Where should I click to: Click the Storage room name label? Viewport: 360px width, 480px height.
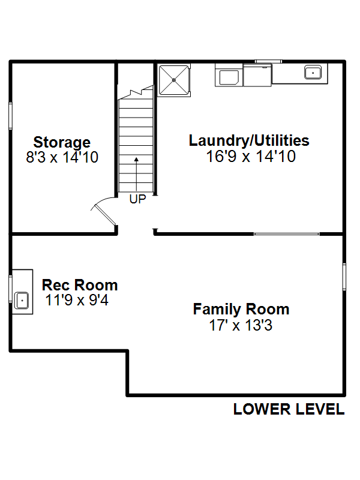coord(62,143)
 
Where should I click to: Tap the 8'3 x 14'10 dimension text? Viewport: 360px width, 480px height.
coord(62,157)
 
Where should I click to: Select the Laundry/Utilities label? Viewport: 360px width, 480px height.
coord(249,141)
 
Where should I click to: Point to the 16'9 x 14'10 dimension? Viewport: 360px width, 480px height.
coord(251,156)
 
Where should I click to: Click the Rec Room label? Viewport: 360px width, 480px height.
coord(80,285)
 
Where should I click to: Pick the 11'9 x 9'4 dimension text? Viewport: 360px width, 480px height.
coord(77,300)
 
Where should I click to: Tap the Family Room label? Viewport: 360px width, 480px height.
coord(241,309)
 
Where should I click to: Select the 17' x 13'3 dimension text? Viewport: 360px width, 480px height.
coord(241,325)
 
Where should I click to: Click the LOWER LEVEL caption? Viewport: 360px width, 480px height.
coord(289,409)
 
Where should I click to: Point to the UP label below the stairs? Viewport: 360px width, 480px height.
coord(138,199)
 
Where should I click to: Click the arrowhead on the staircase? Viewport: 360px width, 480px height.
coord(137,159)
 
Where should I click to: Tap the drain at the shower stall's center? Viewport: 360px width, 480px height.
coord(174,80)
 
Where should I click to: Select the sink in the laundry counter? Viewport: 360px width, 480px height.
coord(313,73)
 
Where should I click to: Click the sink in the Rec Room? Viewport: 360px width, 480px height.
coord(22,301)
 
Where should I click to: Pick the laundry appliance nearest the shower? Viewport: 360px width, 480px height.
coord(229,76)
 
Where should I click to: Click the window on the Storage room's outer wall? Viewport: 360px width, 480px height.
coord(11,116)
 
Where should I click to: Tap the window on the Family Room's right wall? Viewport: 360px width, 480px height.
coord(344,277)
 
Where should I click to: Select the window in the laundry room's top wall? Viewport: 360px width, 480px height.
coord(268,62)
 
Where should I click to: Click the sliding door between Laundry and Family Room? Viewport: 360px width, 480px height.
coord(287,234)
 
